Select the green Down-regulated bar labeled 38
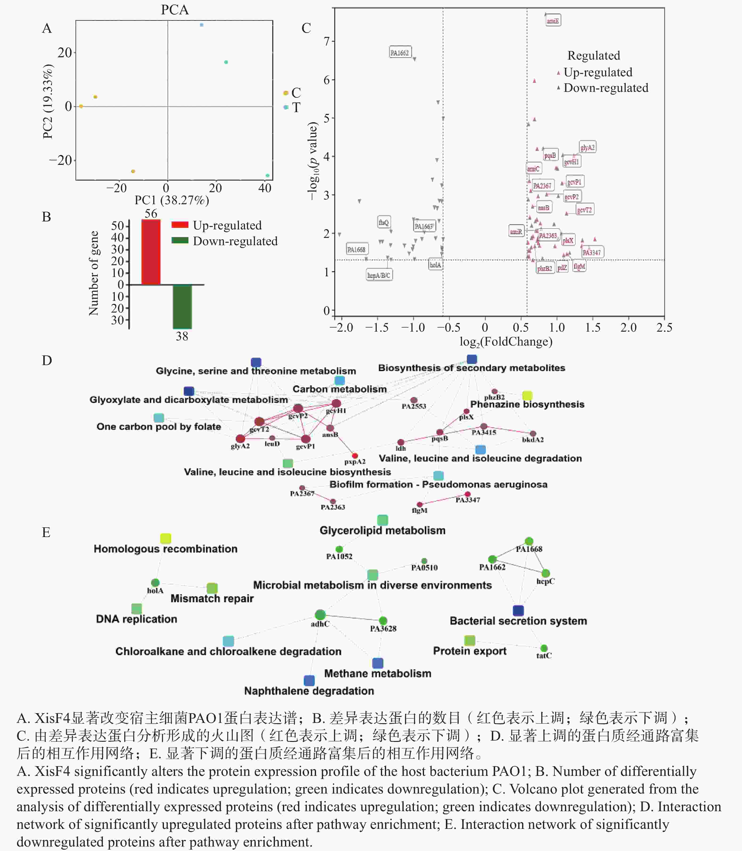pos(182,306)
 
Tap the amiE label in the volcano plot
pos(553,21)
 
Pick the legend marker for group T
pos(286,107)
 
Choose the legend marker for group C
pos(286,93)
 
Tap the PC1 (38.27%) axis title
pos(171,200)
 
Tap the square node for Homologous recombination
pos(166,538)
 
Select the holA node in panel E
pos(155,583)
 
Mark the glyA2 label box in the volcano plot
pos(587,147)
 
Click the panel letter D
pos(47,360)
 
